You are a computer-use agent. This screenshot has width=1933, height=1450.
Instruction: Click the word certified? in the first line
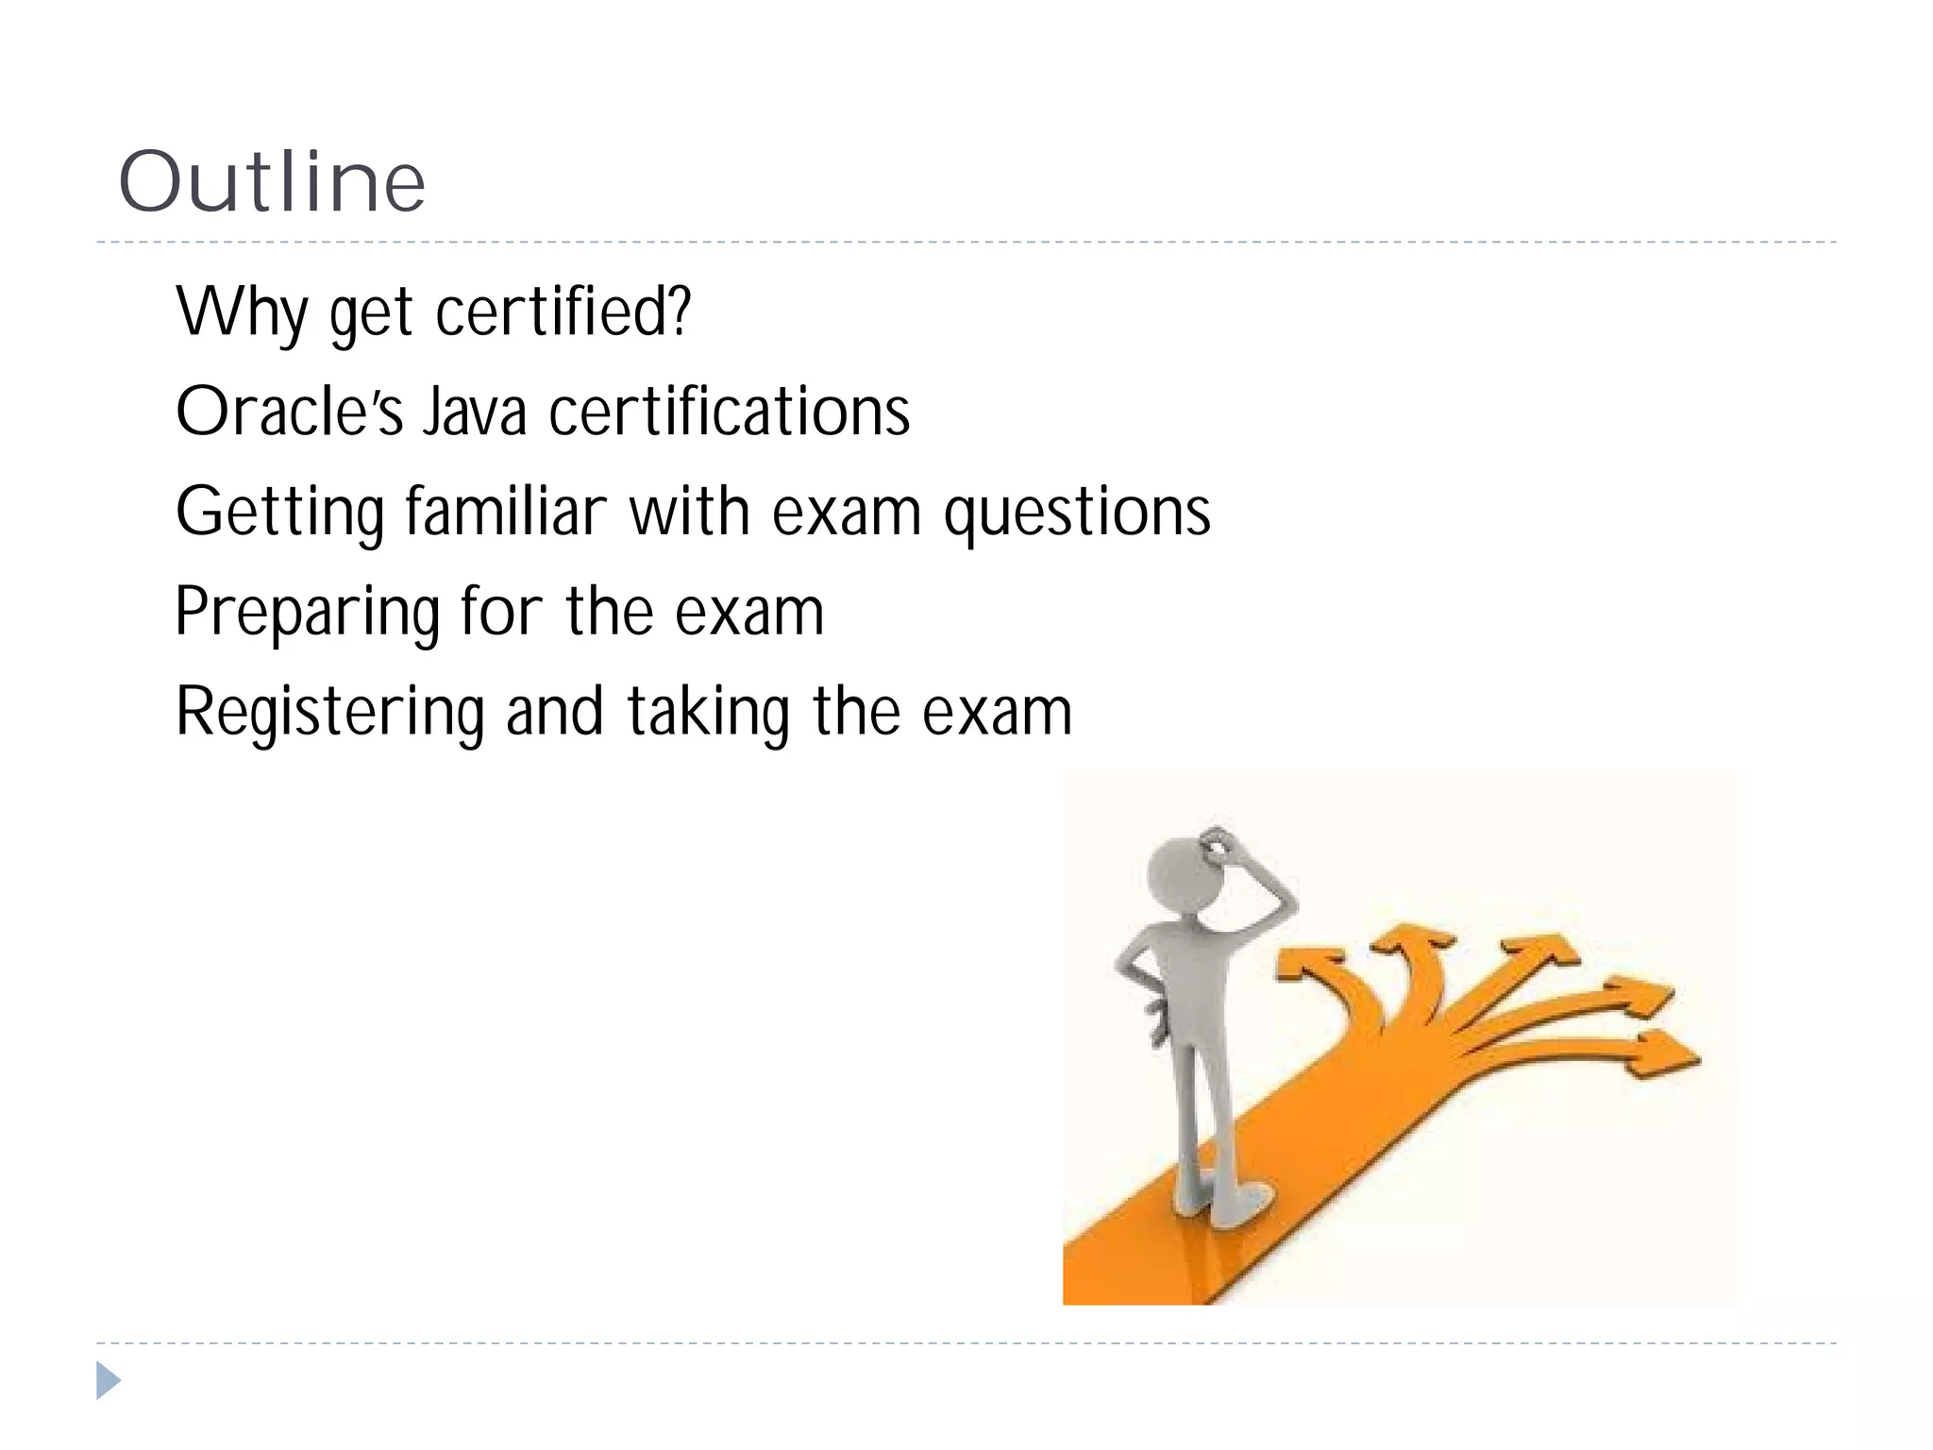tap(563, 312)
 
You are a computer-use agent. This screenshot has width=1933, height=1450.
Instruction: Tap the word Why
tap(242, 312)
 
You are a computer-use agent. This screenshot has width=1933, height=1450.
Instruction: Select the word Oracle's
tap(289, 412)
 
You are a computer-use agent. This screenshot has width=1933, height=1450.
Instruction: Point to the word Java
tap(474, 412)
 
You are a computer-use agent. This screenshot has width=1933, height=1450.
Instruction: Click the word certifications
tap(730, 412)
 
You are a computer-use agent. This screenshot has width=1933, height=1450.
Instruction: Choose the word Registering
tap(329, 713)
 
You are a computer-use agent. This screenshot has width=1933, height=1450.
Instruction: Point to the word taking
tap(708, 713)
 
